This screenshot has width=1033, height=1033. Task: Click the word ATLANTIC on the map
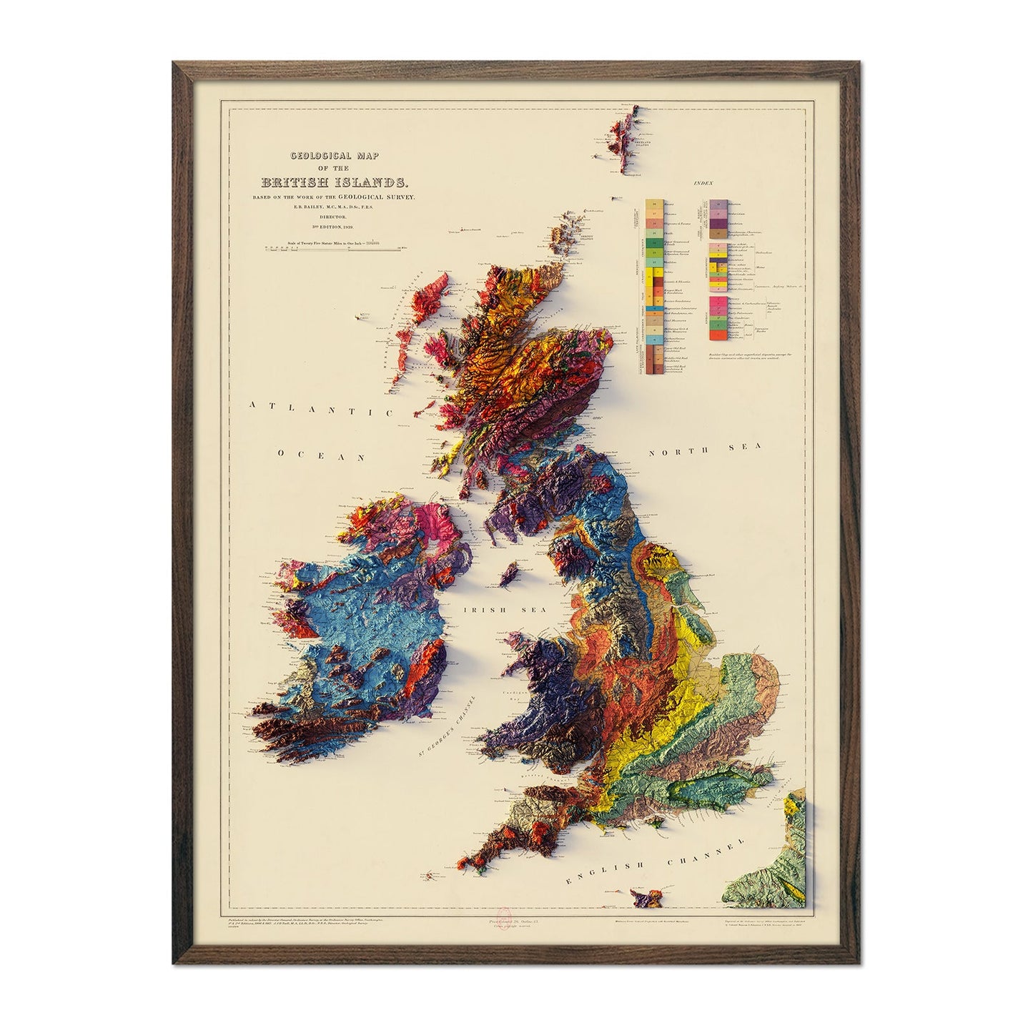(x=322, y=410)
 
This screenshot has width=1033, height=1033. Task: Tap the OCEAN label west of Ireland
(x=322, y=455)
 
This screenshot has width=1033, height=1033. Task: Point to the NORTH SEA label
(x=706, y=450)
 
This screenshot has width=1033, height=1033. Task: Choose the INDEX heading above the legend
(x=703, y=184)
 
